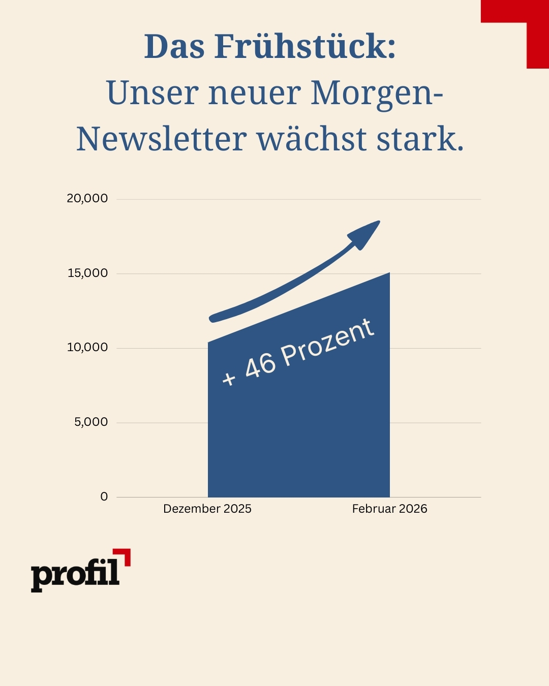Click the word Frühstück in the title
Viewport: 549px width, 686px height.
(305, 47)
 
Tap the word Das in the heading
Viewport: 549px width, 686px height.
(174, 47)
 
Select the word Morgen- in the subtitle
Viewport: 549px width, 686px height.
(377, 93)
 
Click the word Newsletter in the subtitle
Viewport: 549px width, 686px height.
(162, 139)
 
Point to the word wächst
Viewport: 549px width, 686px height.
(312, 139)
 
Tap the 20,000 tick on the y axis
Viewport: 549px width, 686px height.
(87, 198)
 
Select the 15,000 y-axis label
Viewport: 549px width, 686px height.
(87, 273)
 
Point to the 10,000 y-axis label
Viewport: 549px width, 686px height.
(87, 347)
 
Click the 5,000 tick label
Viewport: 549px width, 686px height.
(91, 422)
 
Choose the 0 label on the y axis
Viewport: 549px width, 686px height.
(104, 496)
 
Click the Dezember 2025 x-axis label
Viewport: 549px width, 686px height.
(207, 509)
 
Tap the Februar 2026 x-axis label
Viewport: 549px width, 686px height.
(389, 509)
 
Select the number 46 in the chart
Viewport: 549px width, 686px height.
(260, 364)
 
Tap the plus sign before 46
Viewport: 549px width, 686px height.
(229, 378)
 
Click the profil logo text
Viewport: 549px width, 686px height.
(75, 574)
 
